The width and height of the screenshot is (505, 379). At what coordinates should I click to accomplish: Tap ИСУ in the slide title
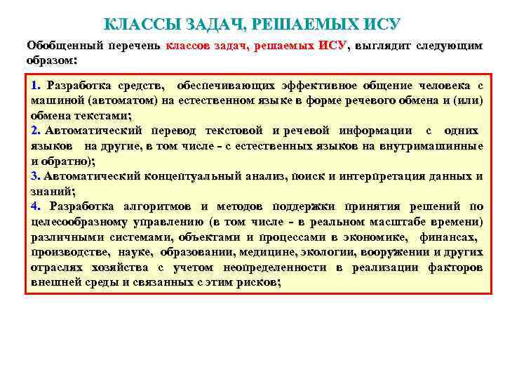coord(379,23)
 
